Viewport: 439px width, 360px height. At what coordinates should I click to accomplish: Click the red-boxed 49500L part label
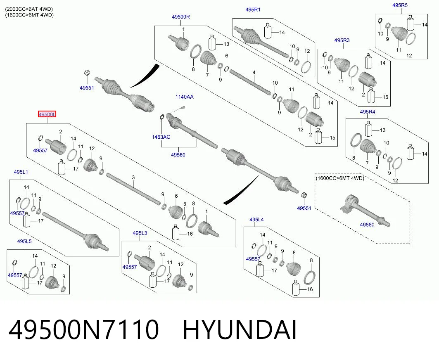tap(47, 114)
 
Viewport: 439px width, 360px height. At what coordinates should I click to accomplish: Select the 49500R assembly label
tap(181, 17)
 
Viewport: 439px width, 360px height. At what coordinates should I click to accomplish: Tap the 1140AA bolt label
tap(185, 97)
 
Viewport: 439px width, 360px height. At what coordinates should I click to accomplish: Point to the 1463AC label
tap(161, 137)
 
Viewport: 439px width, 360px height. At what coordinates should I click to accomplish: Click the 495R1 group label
tap(253, 9)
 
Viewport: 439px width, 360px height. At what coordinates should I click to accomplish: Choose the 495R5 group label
tap(400, 5)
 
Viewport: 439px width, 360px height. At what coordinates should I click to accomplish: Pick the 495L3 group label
tap(140, 233)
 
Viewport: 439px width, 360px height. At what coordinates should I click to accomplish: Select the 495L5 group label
tap(24, 241)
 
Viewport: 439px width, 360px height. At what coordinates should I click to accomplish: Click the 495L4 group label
tap(256, 220)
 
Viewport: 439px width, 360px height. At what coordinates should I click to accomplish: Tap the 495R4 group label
tap(368, 112)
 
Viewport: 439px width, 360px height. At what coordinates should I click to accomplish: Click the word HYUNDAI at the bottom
tap(240, 330)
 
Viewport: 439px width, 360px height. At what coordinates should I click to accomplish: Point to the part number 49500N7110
tap(84, 330)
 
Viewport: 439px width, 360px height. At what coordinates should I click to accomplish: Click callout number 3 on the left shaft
tap(133, 177)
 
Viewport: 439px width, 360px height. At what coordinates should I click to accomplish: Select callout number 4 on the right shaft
tap(254, 73)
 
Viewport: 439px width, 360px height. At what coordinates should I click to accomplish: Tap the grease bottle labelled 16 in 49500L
tap(176, 232)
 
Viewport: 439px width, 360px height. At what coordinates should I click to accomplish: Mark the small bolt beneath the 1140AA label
tap(183, 107)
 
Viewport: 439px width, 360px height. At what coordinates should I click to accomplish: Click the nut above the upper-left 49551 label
tap(87, 73)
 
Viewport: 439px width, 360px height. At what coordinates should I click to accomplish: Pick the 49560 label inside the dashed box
tap(367, 225)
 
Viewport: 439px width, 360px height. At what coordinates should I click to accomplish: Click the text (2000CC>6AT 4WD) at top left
tap(29, 9)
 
